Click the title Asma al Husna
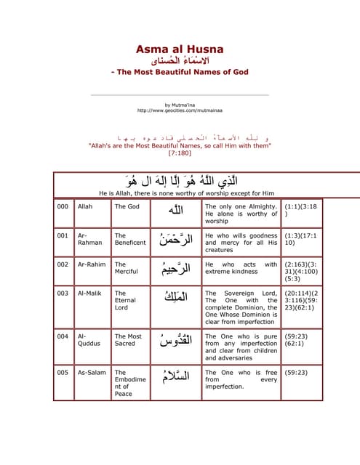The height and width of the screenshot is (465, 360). [180, 49]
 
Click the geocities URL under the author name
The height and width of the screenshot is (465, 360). [179, 111]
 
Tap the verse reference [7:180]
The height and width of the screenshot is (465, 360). [179, 153]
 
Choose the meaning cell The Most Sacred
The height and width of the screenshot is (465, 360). [128, 341]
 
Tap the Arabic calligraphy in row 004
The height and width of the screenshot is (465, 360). [175, 341]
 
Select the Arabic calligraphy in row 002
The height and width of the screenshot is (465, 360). [175, 270]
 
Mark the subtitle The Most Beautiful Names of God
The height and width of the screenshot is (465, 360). [180, 72]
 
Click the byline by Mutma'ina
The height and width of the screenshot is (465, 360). [179, 105]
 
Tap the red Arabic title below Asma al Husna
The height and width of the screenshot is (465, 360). [180, 61]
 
